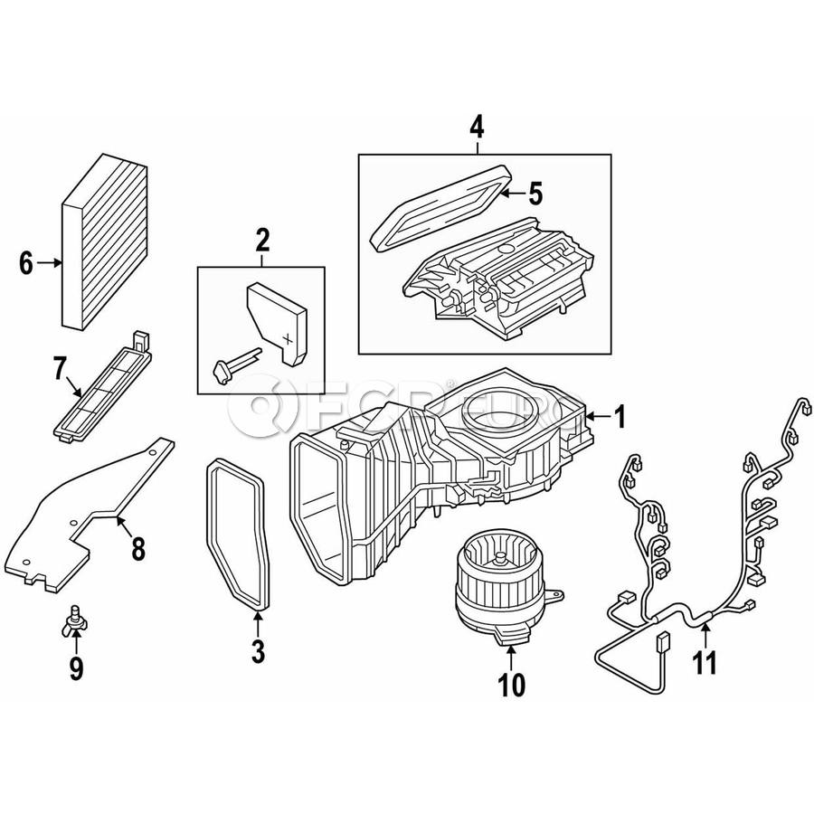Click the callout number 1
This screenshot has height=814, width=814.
point(620,417)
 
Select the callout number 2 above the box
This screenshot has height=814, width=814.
point(262,240)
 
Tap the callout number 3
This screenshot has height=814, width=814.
point(258,650)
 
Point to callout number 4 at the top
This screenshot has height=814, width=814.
point(477,128)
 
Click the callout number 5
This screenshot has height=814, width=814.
point(535,194)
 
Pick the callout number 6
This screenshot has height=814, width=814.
point(26,263)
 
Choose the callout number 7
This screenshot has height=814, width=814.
point(60,369)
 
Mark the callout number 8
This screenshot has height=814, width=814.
point(137,548)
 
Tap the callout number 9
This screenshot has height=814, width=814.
point(76,668)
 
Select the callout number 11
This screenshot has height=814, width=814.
point(705,662)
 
